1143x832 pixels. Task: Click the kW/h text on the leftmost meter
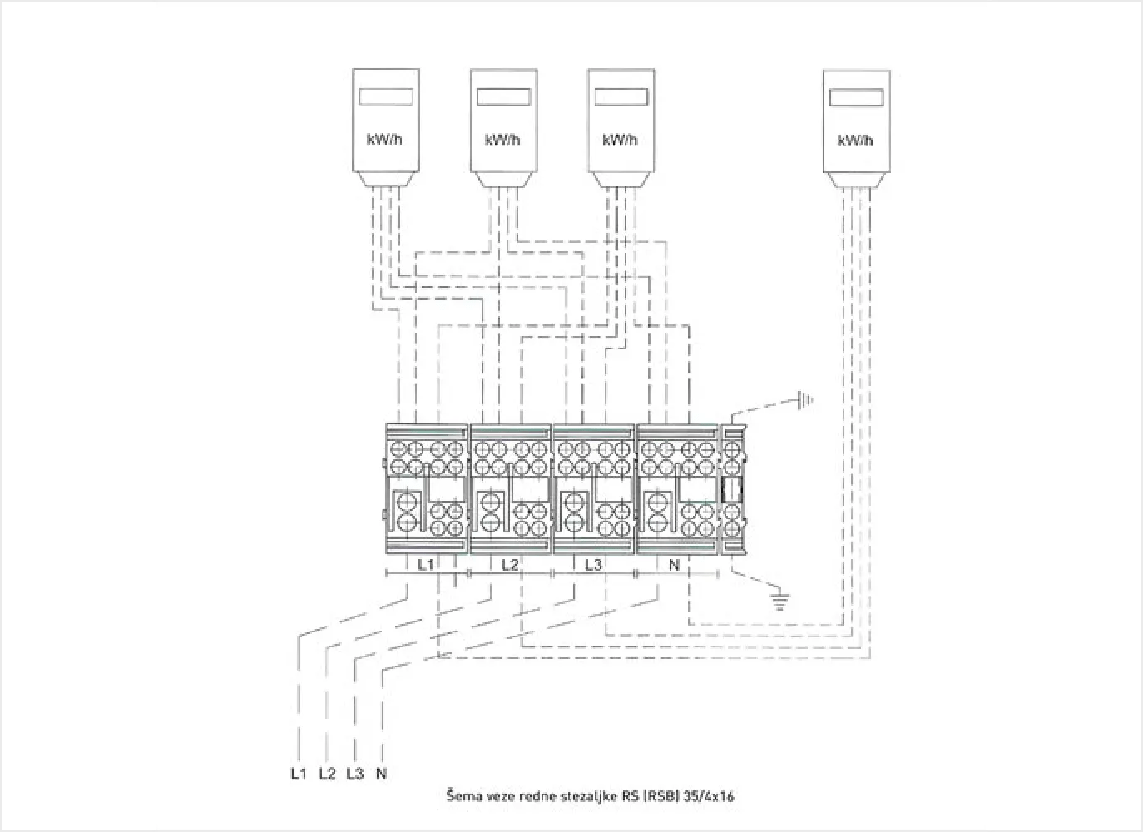pos(384,139)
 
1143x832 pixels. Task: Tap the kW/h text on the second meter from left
pos(502,139)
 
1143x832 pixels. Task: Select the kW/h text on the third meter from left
pos(620,139)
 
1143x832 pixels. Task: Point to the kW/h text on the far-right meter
pos(855,140)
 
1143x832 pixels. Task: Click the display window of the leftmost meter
pos(386,97)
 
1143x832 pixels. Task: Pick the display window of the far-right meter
pos(856,97)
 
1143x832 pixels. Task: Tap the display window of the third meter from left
pos(621,97)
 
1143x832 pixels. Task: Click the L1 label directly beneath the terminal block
pos(426,565)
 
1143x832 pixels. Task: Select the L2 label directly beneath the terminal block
pos(510,565)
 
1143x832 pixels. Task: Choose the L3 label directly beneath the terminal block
pos(593,565)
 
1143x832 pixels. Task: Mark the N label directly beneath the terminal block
pos(674,565)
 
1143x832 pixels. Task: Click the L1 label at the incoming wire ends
pos(299,774)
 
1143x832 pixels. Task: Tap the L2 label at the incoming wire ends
pos(327,774)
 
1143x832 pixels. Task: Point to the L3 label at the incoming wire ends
pos(354,774)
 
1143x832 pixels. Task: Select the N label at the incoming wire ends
pos(381,774)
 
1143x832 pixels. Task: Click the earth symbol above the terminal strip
pos(804,401)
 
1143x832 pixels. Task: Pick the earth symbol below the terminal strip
pos(779,601)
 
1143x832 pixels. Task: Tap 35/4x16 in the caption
pos(709,796)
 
